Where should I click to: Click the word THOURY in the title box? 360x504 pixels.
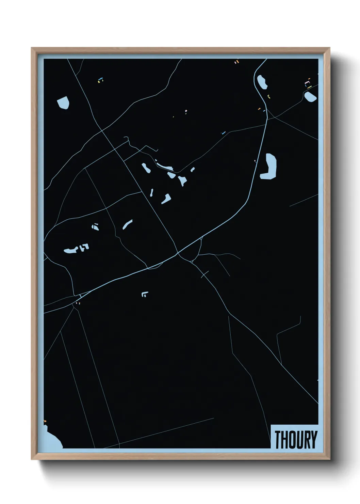click(x=295, y=440)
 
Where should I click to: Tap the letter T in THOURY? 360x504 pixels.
click(x=278, y=440)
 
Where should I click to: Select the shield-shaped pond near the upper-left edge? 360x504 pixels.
click(x=63, y=102)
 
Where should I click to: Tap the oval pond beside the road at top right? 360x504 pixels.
click(x=262, y=82)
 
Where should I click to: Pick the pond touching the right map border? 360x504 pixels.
click(x=310, y=97)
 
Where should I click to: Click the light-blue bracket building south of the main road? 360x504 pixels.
click(x=145, y=294)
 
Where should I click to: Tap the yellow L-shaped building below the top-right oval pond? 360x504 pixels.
click(x=269, y=96)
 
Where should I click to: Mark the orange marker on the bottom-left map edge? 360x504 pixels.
click(x=45, y=422)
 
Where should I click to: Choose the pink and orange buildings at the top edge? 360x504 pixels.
click(x=237, y=62)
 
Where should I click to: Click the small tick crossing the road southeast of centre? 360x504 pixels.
click(x=205, y=274)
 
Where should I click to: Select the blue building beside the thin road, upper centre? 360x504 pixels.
click(x=223, y=133)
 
